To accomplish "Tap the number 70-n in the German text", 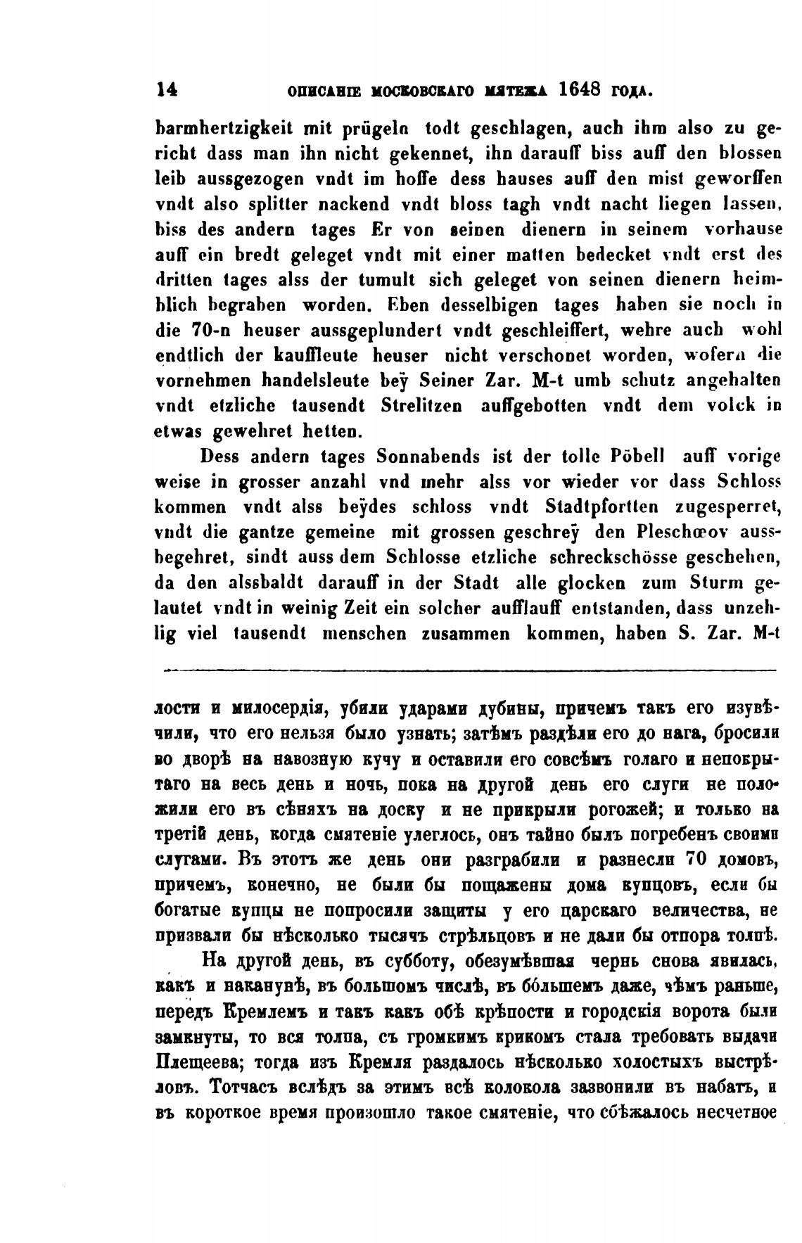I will coord(210,331).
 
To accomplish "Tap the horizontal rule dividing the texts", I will coord(469,670).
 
